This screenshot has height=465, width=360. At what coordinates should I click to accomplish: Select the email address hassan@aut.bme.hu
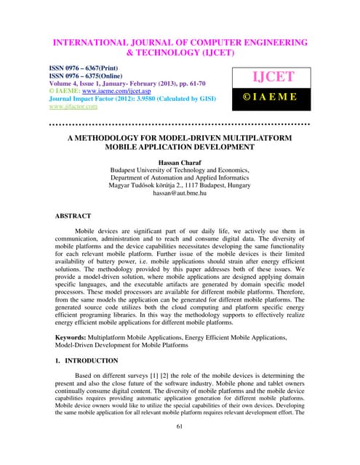pos(179,194)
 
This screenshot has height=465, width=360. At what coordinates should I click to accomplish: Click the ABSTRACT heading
pos(73,216)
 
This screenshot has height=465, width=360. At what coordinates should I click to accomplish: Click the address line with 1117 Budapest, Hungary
pos(179,185)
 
